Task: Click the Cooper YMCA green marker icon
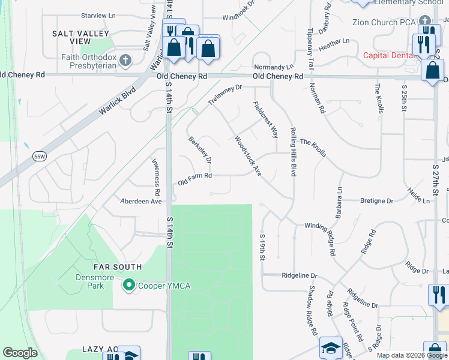pyautogui.click(x=127, y=285)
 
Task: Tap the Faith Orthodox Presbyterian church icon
pyautogui.click(x=125, y=59)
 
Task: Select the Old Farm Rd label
pyautogui.click(x=195, y=176)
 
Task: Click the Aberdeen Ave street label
pyautogui.click(x=142, y=202)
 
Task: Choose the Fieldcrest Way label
pyautogui.click(x=265, y=119)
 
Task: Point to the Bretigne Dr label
pyautogui.click(x=376, y=201)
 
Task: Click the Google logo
pyautogui.click(x=20, y=353)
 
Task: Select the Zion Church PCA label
pyautogui.click(x=384, y=23)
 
